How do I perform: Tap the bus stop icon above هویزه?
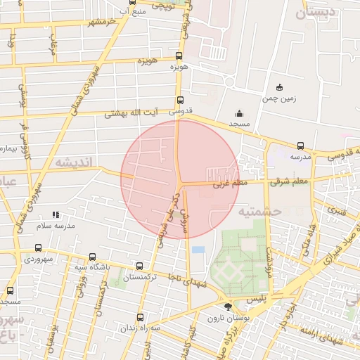tap(179, 55)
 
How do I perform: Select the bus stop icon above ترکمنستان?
tap(139, 266)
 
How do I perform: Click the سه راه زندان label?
tap(137, 328)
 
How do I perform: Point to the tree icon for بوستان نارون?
tap(227, 307)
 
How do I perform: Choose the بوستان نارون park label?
tap(224, 318)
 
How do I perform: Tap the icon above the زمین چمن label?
tap(279, 88)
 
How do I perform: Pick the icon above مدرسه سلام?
tap(55, 214)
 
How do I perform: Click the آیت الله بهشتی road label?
tap(133, 113)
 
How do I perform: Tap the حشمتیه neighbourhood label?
tap(259, 210)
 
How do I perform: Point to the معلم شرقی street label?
tap(288, 182)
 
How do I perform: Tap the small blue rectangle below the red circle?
tap(198, 250)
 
